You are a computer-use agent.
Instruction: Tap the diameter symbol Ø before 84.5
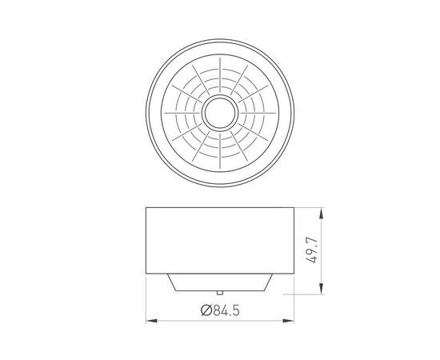pyautogui.click(x=206, y=310)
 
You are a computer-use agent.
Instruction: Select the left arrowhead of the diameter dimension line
pyautogui.click(x=150, y=322)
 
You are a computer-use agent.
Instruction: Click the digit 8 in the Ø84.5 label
pyautogui.click(x=215, y=310)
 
